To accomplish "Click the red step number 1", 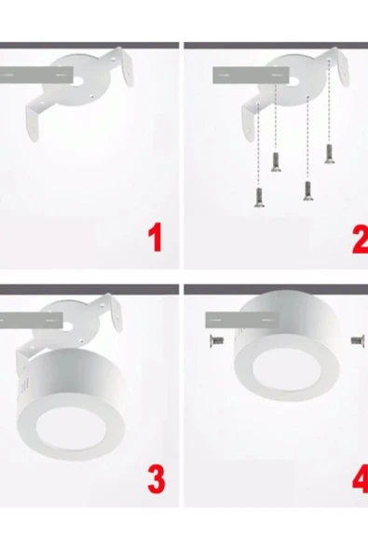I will click(x=156, y=238).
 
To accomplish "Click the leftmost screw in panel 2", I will click(x=258, y=196).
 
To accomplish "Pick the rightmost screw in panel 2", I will click(x=329, y=154).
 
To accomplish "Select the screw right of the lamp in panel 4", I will click(x=356, y=339).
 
